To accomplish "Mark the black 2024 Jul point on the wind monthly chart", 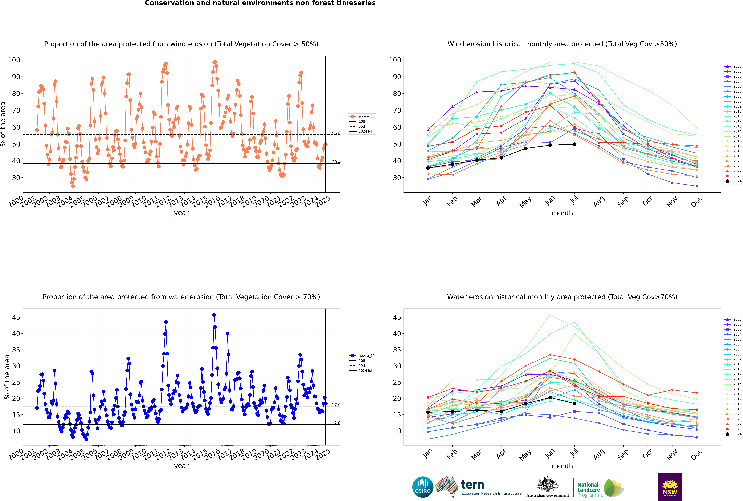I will [x=574, y=144].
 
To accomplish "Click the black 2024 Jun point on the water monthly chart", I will [x=550, y=397].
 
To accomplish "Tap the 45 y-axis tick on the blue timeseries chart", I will [x=16, y=317].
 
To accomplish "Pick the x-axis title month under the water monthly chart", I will [x=562, y=466].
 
